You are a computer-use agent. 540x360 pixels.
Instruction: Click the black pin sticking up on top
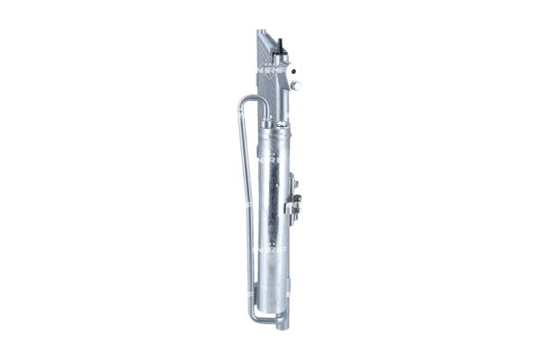(x=282, y=43)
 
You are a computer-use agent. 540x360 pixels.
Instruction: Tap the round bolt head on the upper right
(x=295, y=85)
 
